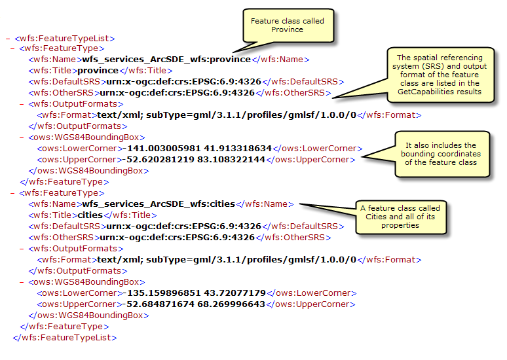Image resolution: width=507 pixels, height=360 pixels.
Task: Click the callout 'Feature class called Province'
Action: pos(287,26)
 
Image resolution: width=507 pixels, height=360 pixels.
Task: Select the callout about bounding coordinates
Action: pos(443,154)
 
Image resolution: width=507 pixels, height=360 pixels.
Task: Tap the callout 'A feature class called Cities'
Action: pos(400,217)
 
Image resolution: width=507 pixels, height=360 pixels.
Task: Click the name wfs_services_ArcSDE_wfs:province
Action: pos(166,60)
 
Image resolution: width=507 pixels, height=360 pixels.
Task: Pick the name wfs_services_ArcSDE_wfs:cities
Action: pos(159,204)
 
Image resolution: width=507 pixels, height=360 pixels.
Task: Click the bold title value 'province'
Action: pos(98,71)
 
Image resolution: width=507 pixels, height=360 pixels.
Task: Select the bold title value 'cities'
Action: pos(93,215)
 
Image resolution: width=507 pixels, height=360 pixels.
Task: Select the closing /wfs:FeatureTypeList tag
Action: pos(65,338)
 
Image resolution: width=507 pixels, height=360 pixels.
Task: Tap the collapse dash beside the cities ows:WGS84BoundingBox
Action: pos(22,282)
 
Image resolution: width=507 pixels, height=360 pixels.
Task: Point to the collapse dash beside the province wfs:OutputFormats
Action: pos(22,104)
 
